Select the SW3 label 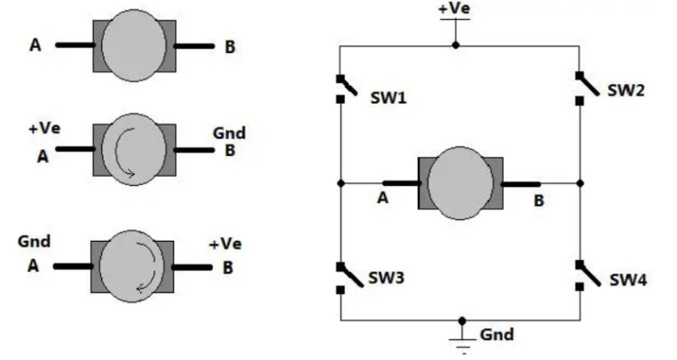pos(386,279)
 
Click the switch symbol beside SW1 pos(340,88)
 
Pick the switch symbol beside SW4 pos(580,274)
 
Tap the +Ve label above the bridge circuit pos(454,9)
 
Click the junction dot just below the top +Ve pos(455,43)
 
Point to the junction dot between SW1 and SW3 pos(340,183)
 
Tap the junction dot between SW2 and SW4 pos(580,183)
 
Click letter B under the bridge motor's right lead pos(539,201)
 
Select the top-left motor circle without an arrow pos(134,45)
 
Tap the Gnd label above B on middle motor pos(229,134)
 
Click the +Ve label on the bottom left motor pos(226,245)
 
